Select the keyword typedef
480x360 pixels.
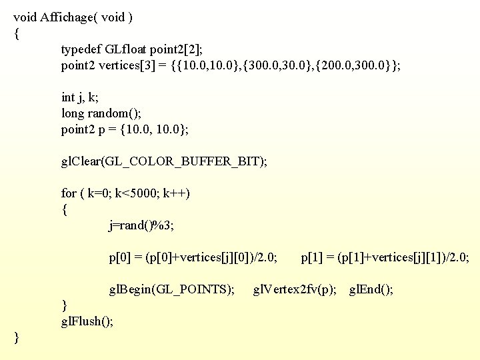coord(82,49)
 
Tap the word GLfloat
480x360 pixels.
coord(126,49)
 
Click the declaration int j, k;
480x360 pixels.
coord(83,97)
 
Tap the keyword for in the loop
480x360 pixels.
coord(69,193)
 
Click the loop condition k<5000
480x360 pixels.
coord(136,193)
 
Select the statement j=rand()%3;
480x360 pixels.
coord(141,225)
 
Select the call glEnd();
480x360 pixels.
coord(371,289)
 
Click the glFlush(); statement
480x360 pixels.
coord(87,321)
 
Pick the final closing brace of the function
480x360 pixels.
coord(17,338)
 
